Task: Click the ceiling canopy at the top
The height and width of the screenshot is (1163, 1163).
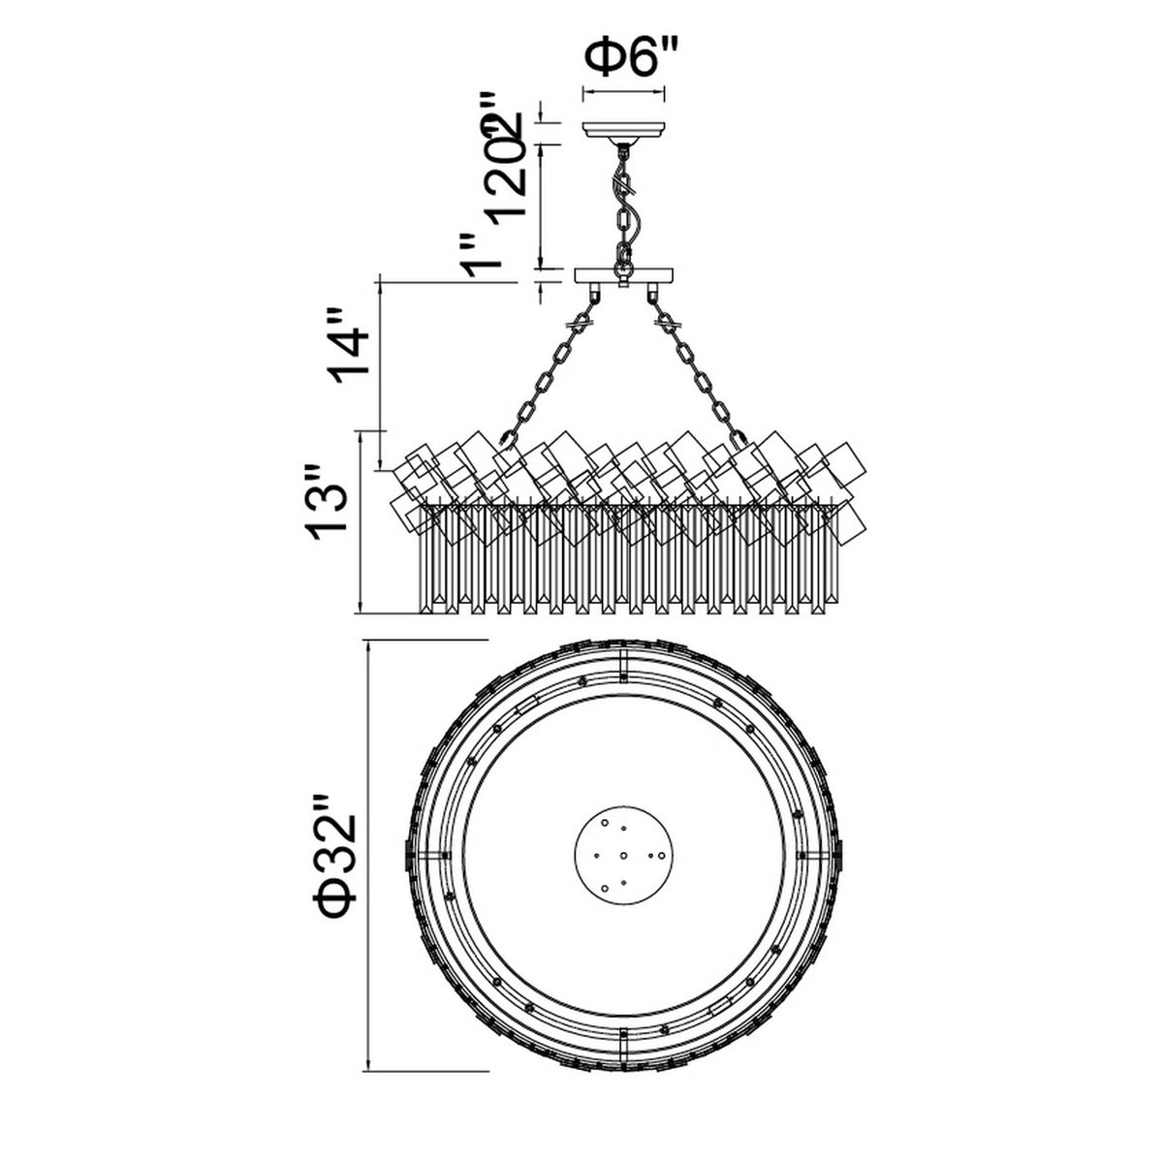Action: [623, 130]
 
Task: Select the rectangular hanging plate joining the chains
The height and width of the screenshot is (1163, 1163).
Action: [623, 275]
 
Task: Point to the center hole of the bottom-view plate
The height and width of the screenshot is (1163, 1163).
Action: [623, 855]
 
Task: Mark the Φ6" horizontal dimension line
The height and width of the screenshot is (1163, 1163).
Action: [623, 93]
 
